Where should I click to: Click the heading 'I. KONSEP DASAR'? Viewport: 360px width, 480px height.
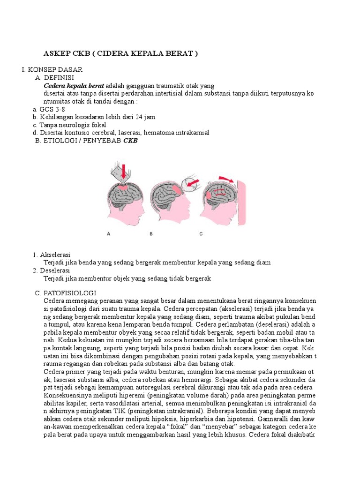point(52,69)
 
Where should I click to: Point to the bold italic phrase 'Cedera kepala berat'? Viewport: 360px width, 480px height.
point(74,86)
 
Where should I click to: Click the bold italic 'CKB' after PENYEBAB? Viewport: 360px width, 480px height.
point(130,141)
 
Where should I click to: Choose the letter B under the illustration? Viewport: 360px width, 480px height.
point(151,234)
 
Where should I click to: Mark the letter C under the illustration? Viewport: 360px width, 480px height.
point(201,234)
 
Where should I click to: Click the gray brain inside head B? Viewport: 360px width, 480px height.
point(166,192)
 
